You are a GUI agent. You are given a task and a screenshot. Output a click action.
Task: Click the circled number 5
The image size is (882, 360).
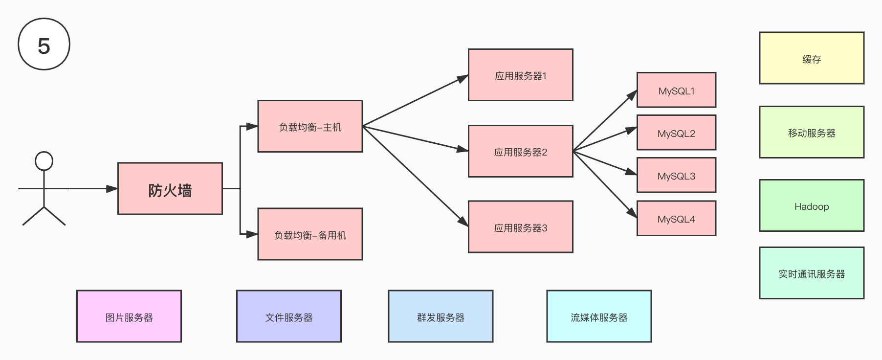pos(44,44)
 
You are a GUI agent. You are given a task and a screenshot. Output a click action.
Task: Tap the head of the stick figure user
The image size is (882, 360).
pos(44,161)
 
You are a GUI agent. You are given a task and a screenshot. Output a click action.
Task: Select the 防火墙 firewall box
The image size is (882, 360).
pos(170,189)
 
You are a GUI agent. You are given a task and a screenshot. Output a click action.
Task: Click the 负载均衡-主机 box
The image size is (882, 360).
pos(310,126)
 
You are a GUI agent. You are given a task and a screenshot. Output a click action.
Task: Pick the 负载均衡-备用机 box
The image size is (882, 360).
pos(310,234)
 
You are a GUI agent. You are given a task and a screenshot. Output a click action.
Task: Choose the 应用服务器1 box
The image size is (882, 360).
pos(520,75)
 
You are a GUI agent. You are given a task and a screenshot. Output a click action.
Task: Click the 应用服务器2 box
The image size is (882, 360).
pos(520,151)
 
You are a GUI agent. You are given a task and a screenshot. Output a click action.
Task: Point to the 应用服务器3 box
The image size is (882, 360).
pos(520,227)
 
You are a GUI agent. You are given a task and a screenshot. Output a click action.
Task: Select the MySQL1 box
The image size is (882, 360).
pos(676,90)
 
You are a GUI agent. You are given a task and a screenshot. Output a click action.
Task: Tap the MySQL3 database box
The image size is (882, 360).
pos(676,175)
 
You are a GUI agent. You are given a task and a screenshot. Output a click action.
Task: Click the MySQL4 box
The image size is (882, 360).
pos(676,218)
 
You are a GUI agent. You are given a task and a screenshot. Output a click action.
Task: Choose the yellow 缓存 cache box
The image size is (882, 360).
pos(812,58)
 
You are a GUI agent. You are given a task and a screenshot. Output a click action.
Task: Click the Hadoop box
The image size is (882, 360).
pos(812,205)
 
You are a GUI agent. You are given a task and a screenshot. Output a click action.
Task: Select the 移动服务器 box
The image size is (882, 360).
pos(812,132)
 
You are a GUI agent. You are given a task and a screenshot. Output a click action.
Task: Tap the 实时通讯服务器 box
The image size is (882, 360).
pos(812,273)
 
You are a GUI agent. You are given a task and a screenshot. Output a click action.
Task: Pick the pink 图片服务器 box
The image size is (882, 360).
pos(129,316)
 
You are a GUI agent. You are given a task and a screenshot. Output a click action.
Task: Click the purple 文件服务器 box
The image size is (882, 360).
pos(289,316)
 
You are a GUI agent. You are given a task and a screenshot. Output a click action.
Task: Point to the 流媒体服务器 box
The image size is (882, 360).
pos(599,316)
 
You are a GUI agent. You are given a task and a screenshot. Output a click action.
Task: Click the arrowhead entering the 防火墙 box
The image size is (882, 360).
pos(112,188)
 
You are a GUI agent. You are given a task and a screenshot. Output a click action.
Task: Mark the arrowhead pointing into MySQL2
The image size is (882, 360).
pos(632,130)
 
